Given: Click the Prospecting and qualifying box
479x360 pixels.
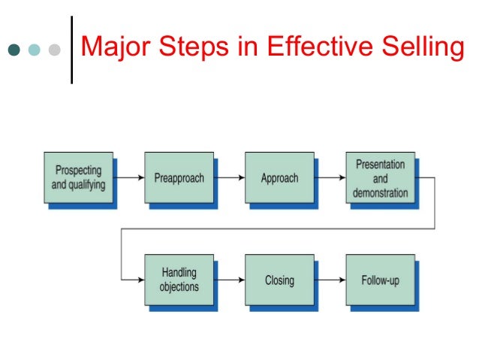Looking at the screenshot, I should [78, 178].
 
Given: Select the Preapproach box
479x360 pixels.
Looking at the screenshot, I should [178, 178].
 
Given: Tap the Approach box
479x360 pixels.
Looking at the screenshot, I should [279, 178].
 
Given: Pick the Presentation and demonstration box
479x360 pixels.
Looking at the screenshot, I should [379, 178].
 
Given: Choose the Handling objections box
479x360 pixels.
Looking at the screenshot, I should [179, 280].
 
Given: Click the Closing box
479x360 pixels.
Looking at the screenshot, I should [279, 280].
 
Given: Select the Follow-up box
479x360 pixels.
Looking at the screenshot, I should [379, 280].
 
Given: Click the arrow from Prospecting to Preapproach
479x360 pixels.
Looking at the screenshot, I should [129, 179].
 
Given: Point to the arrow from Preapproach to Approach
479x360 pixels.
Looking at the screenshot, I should [230, 179].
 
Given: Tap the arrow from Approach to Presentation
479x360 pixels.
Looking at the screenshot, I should [330, 179].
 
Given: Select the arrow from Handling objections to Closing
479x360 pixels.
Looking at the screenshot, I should [230, 280].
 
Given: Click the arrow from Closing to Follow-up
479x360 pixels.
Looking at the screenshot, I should [330, 280].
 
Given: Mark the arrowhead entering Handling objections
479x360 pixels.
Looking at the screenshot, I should [140, 280].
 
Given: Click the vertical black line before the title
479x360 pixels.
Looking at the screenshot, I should [71, 50].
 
